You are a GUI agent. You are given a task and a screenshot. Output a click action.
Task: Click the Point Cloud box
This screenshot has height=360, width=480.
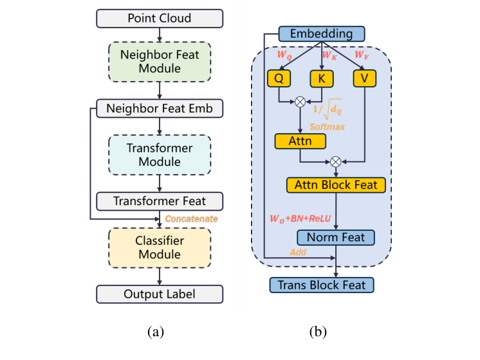160,18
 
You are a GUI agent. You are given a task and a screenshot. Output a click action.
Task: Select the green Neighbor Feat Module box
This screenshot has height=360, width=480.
160,62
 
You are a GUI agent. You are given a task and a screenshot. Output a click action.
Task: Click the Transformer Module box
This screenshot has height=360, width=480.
160,155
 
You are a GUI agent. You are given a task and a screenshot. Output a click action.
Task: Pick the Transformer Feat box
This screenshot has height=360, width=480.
160,201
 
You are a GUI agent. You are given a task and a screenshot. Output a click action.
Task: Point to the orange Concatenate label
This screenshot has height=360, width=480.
192,219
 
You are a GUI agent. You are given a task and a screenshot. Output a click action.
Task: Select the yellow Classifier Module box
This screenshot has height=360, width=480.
160,248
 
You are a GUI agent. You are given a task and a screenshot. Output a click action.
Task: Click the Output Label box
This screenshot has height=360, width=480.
160,294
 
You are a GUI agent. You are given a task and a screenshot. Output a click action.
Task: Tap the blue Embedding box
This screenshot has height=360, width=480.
322,33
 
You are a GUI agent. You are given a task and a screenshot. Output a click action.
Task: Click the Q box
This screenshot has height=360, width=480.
279,78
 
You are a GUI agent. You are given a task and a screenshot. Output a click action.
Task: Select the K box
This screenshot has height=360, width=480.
322,78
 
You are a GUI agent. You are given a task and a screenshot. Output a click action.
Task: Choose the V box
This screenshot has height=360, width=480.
364,78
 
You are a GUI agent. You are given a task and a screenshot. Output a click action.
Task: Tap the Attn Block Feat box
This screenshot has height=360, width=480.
336,185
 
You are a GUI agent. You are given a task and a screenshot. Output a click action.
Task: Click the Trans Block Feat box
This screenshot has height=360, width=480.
322,284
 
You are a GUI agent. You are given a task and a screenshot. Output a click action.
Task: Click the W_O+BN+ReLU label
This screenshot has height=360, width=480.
300,219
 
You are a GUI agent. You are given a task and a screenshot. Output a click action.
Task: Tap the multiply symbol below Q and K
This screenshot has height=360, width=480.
299,101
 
